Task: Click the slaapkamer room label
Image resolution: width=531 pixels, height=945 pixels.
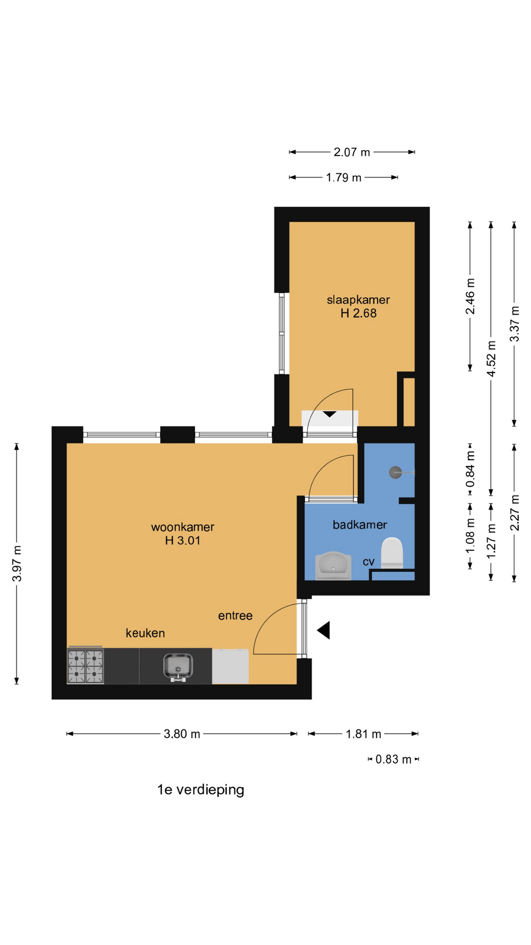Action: (x=358, y=300)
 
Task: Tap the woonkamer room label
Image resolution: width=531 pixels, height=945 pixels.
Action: (x=182, y=527)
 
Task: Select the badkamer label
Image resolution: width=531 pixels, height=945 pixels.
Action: (x=360, y=525)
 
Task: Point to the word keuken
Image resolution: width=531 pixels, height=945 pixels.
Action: (x=145, y=633)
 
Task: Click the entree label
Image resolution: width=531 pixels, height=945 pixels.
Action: (x=236, y=616)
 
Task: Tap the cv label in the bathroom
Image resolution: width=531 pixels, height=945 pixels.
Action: (x=369, y=562)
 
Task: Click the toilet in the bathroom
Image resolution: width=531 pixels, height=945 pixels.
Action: (x=392, y=553)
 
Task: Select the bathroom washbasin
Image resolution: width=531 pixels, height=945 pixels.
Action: (x=333, y=566)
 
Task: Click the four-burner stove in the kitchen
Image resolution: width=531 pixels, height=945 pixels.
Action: (x=85, y=666)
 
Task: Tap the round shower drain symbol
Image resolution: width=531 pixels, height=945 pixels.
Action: (x=395, y=472)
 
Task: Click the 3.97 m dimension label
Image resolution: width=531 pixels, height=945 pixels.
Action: (x=17, y=564)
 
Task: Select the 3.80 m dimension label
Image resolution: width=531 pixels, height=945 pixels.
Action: (x=182, y=734)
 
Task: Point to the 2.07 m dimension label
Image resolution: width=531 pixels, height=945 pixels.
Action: (x=352, y=152)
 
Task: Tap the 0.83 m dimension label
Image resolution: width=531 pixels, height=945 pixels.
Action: (x=393, y=759)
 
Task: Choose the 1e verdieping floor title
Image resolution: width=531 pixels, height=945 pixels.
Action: (x=201, y=790)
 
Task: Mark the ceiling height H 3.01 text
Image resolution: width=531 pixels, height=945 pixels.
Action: (x=182, y=540)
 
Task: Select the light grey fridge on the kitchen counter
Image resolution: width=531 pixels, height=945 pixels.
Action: (x=230, y=666)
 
